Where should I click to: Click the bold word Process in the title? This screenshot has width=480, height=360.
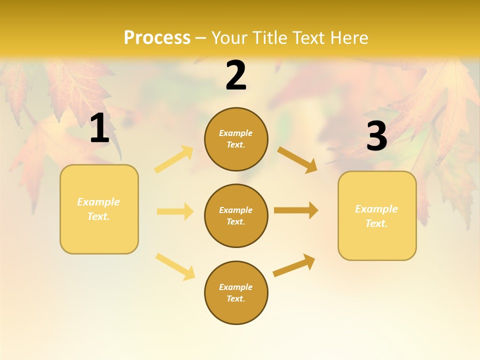point(157,38)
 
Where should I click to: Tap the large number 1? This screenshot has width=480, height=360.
point(99,128)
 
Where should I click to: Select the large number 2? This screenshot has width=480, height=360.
point(236,75)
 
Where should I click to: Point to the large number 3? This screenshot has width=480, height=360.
point(376,136)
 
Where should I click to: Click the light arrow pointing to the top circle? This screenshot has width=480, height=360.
point(174,159)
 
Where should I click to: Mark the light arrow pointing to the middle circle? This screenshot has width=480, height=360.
point(175,211)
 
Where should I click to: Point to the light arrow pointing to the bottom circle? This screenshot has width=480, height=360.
point(175,266)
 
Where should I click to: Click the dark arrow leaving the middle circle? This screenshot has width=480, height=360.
point(296,210)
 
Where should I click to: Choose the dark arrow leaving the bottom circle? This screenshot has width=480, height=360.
point(294,265)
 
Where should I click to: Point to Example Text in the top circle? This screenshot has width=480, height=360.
point(236,139)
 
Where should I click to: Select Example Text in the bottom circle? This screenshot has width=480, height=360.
point(236,293)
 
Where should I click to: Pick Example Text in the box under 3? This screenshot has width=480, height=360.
point(376,216)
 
